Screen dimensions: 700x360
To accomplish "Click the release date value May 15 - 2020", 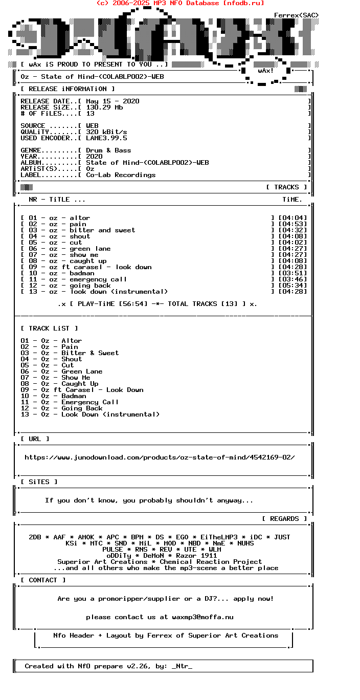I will click(x=112, y=101).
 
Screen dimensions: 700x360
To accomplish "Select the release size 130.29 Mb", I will click(x=104, y=107).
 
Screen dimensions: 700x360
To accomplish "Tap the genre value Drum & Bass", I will click(x=108, y=150).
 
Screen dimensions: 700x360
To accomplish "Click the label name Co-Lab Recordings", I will click(x=121, y=175).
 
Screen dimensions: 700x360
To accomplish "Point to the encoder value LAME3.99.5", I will click(x=106, y=138).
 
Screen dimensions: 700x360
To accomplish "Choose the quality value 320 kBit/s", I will click(x=106, y=132).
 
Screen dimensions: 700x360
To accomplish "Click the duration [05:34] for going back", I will click(x=292, y=286).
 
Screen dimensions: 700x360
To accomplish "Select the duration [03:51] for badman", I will click(x=292, y=273).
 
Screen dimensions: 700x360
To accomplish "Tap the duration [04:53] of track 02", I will click(x=292, y=224).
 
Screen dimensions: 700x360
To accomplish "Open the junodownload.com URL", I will click(x=160, y=457).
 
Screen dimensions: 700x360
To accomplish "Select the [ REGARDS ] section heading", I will click(x=284, y=519).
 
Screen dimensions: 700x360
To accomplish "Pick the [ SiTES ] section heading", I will click(x=39, y=482).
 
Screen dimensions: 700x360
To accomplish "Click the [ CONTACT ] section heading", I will click(x=43, y=580).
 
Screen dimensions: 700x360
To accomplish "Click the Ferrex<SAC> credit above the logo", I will click(x=297, y=15).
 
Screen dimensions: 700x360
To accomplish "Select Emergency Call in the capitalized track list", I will click(x=90, y=402).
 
